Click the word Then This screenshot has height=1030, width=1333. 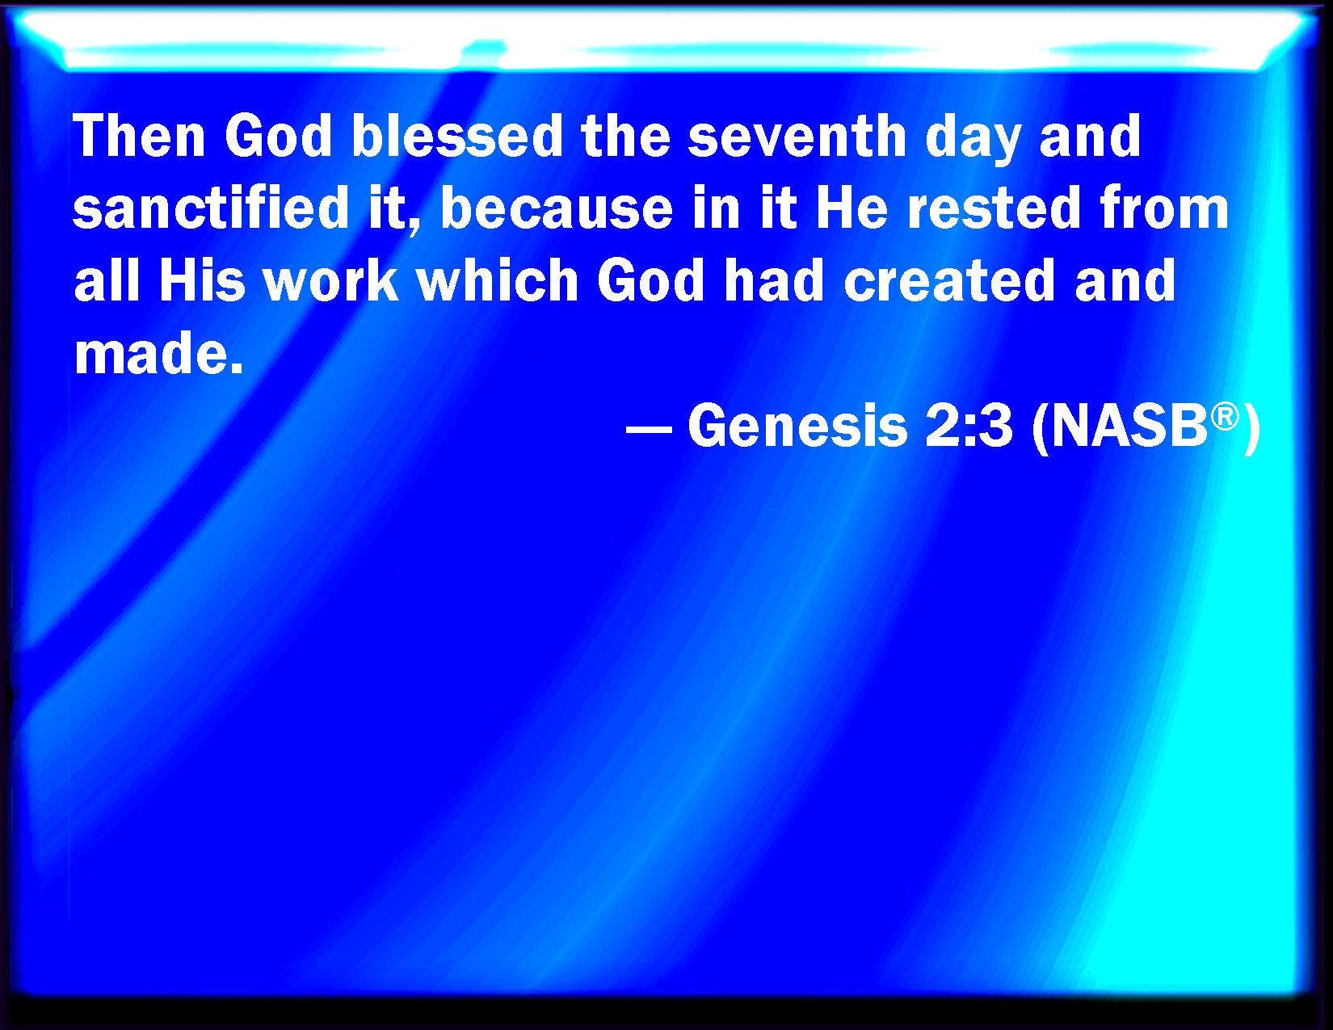point(139,136)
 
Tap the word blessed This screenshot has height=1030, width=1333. point(457,136)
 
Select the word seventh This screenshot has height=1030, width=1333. point(797,136)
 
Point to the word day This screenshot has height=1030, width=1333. point(973,140)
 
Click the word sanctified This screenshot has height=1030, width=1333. point(211,208)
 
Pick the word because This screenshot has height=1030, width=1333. point(557,208)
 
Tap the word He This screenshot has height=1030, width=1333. point(852,208)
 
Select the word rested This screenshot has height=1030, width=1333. point(994,208)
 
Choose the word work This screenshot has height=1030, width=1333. point(331,280)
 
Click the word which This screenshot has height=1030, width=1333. point(498,280)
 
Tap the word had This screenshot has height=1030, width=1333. point(774,280)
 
